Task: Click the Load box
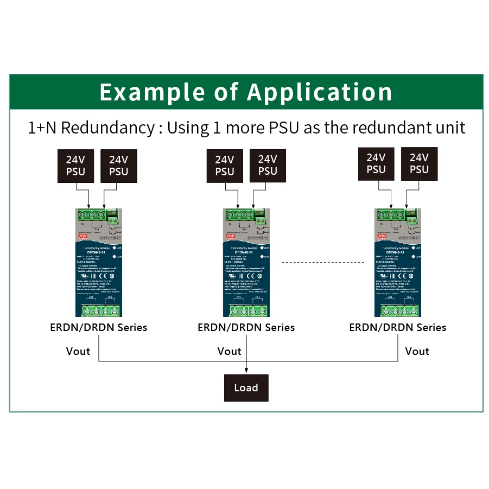coord(246,388)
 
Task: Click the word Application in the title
coord(320,92)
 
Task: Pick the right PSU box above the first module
coord(118,166)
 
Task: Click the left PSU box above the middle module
coord(224,166)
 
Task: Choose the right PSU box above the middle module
coord(268,166)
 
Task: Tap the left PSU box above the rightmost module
coord(376,163)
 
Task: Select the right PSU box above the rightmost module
coord(419,163)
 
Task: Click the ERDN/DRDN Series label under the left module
coord(98,327)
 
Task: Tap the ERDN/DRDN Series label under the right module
coord(397,327)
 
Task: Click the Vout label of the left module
coord(78,351)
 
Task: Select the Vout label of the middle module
coord(229,351)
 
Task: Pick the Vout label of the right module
coord(417,351)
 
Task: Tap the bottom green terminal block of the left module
coord(98,311)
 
